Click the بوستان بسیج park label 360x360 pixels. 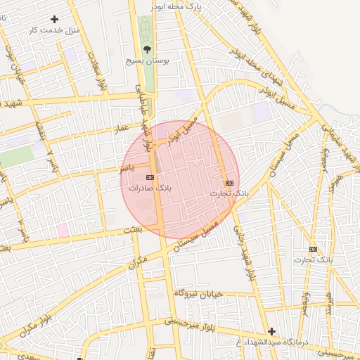(x=146, y=62)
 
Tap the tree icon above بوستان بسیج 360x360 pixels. (x=147, y=49)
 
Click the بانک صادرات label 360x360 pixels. (x=150, y=189)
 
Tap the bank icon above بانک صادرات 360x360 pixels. (x=150, y=177)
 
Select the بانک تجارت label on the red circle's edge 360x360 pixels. (x=230, y=192)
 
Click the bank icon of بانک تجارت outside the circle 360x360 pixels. (x=313, y=249)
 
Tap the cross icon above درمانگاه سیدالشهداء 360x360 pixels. (x=272, y=330)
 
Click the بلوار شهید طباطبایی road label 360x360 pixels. (x=143, y=116)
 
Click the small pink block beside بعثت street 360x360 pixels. (x=63, y=230)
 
